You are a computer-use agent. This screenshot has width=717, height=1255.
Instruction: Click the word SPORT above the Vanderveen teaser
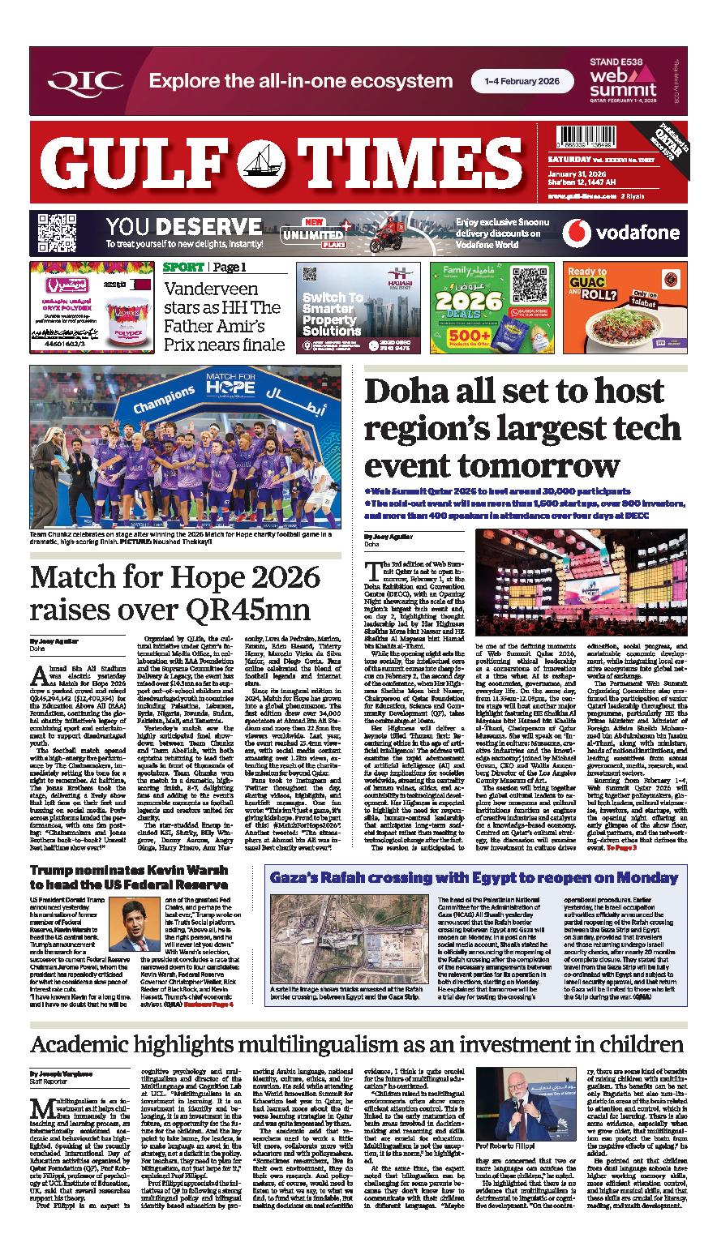pyautogui.click(x=183, y=268)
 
